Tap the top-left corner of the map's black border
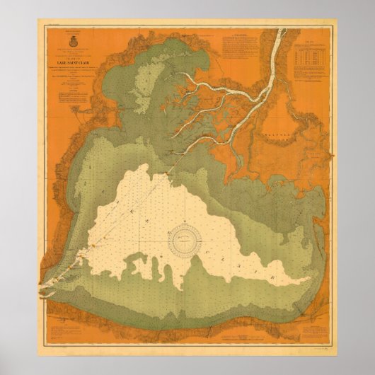(44, 25)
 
